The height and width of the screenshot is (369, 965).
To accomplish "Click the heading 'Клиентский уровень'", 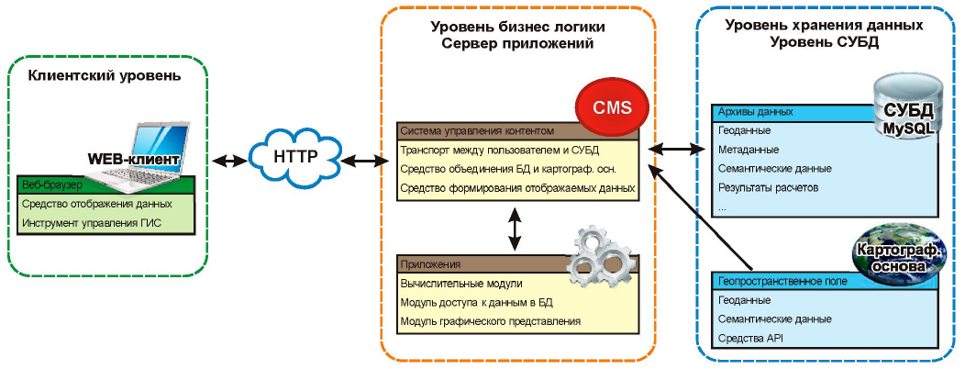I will click(105, 76).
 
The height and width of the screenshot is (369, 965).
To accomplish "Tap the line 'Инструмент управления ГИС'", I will click(91, 221).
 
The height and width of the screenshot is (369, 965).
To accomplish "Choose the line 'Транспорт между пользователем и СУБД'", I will click(499, 150).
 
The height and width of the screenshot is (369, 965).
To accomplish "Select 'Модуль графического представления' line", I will click(491, 321).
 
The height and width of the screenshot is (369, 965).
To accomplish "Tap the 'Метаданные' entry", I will click(749, 150).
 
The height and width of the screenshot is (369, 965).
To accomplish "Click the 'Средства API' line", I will click(750, 339).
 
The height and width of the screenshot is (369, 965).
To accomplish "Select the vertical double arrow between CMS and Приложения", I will click(515, 229).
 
